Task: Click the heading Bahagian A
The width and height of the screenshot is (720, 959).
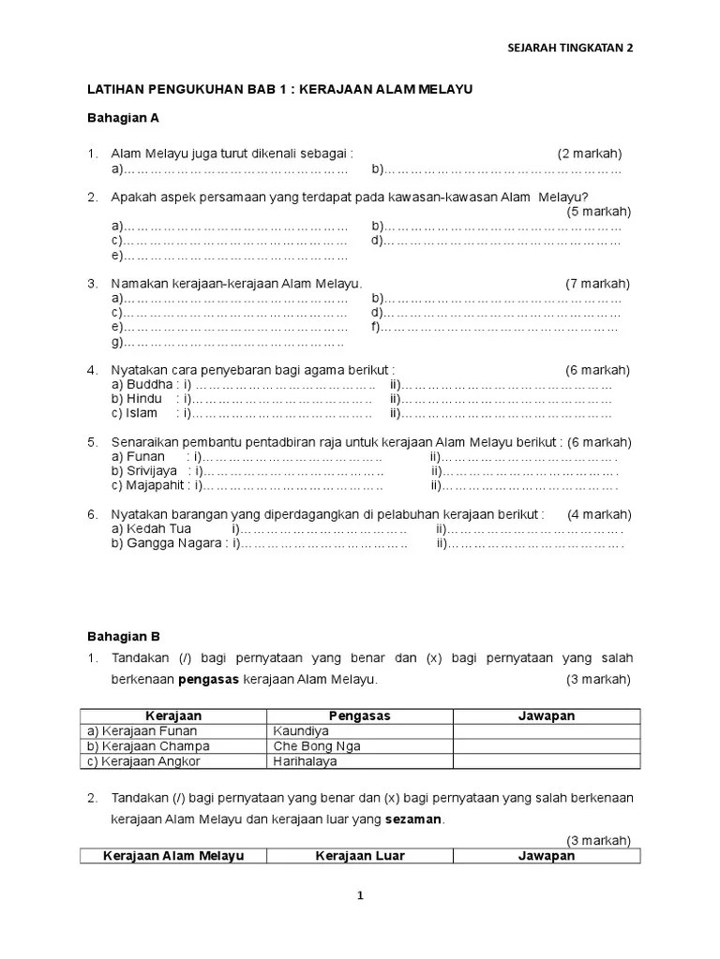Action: [123, 118]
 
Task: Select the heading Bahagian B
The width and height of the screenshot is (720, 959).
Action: [123, 636]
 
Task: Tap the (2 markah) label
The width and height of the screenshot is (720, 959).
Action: [589, 154]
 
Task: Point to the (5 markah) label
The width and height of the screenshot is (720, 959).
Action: [598, 212]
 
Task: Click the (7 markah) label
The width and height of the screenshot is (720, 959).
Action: [597, 284]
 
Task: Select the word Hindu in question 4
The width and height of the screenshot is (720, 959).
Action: [147, 399]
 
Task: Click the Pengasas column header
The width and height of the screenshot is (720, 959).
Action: [360, 716]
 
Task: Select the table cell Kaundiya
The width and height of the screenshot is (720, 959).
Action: [302, 731]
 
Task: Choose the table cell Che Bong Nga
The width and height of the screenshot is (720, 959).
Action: [317, 746]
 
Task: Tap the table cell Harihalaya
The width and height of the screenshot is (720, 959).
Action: [307, 761]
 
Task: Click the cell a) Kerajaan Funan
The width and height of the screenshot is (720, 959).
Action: [141, 731]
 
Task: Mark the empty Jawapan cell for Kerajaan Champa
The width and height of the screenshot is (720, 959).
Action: [546, 746]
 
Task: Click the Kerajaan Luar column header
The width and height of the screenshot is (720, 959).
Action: [360, 856]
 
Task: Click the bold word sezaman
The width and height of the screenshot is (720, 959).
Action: [412, 819]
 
